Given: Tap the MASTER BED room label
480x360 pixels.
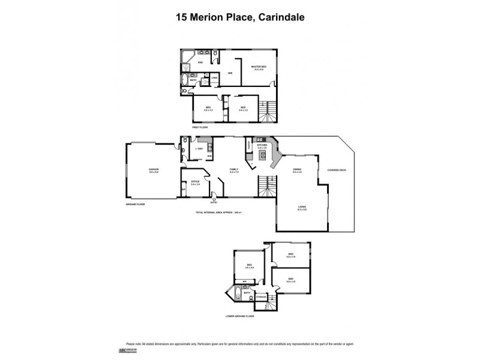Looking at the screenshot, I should [259, 67].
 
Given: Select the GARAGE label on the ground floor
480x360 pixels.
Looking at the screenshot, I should [154, 170].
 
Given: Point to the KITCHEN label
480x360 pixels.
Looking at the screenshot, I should [262, 145].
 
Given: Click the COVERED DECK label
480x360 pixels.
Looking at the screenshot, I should [337, 170].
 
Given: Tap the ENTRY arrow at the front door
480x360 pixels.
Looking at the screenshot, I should [214, 201].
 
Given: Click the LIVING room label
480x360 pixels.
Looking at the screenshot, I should [302, 208].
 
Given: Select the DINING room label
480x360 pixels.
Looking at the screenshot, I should [296, 170].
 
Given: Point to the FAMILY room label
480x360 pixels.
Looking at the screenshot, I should [234, 170].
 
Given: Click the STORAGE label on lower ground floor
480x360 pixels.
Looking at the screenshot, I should [261, 296].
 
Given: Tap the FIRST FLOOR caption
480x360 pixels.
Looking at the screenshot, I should [200, 128].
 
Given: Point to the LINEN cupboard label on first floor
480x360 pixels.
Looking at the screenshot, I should [205, 77].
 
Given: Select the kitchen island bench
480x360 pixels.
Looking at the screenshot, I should [263, 156].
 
